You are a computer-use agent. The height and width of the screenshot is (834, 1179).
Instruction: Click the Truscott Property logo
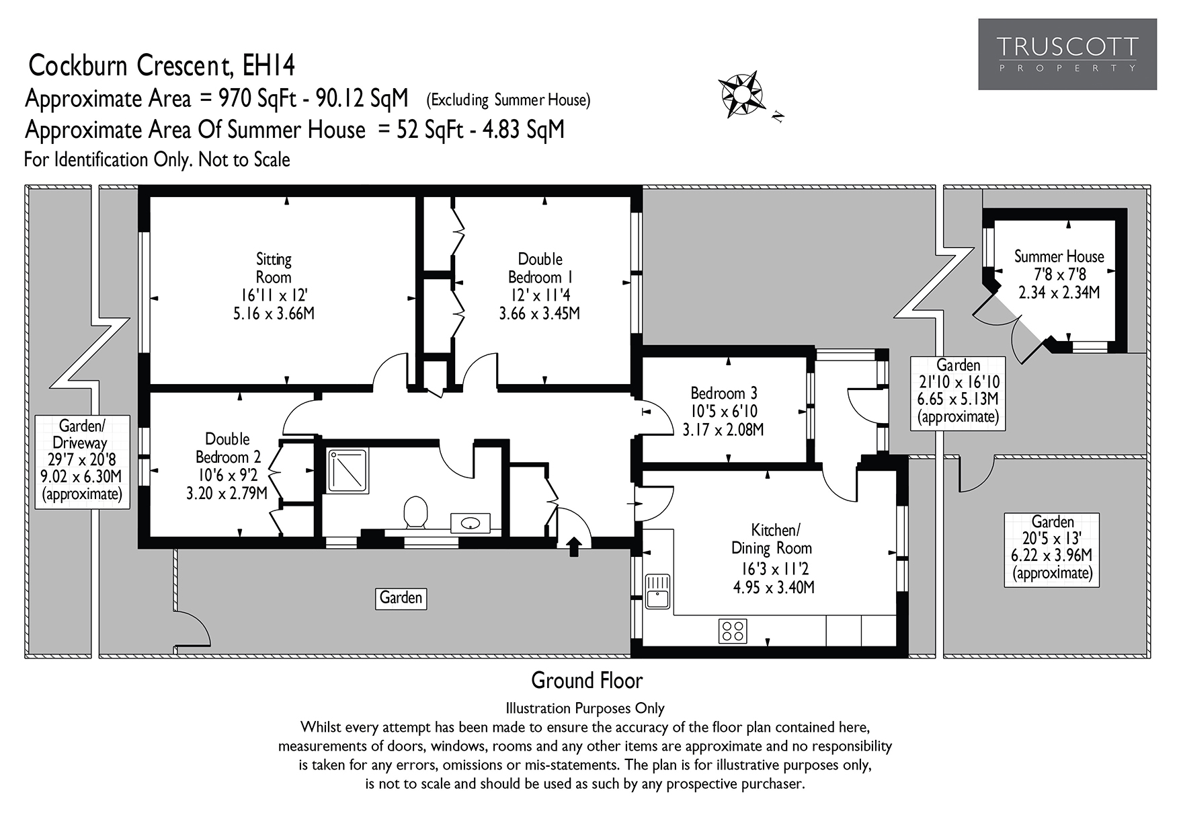[1067, 54]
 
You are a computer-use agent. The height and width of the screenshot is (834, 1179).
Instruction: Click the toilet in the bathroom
[416, 513]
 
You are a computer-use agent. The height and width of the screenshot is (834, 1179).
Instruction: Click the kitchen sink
[657, 591]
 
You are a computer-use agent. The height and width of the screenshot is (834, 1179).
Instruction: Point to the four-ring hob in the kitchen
[732, 631]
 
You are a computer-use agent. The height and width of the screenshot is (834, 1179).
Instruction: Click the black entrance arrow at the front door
[573, 546]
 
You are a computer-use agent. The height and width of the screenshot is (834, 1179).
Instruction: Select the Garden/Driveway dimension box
[82, 461]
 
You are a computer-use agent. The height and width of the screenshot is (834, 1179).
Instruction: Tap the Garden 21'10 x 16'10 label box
[958, 392]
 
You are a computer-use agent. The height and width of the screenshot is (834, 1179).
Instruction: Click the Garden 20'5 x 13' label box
[1052, 549]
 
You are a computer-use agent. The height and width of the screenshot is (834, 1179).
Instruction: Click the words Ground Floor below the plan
[587, 681]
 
